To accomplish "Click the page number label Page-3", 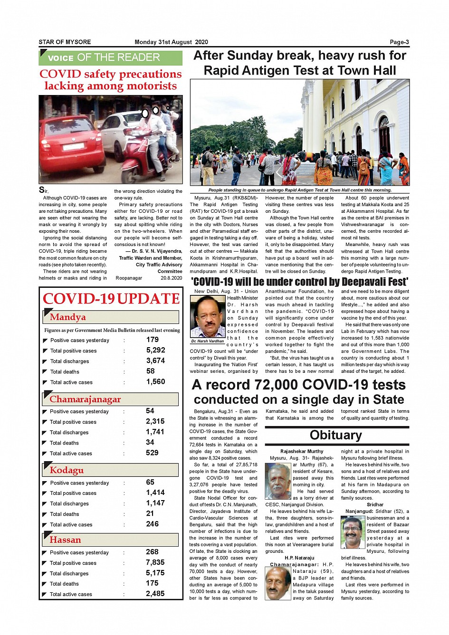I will pyautogui.click(x=399, y=42).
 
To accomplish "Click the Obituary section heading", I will pyautogui.click(x=335, y=435).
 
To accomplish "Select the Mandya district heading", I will pyautogui.click(x=68, y=317).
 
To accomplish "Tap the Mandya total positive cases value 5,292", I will pyautogui.click(x=156, y=350).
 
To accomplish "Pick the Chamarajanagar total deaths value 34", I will pyautogui.click(x=150, y=442).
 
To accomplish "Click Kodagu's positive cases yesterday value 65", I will pyautogui.click(x=150, y=482).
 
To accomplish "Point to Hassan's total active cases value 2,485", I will pyautogui.click(x=155, y=594).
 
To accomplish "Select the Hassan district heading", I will pyautogui.click(x=66, y=540).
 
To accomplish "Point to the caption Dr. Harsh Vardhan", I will pyautogui.click(x=208, y=341).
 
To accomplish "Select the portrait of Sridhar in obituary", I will pyautogui.click(x=353, y=532).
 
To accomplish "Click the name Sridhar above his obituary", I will pyautogui.click(x=375, y=504).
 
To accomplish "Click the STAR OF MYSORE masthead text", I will pyautogui.click(x=65, y=42).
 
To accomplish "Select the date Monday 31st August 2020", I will pyautogui.click(x=171, y=42).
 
